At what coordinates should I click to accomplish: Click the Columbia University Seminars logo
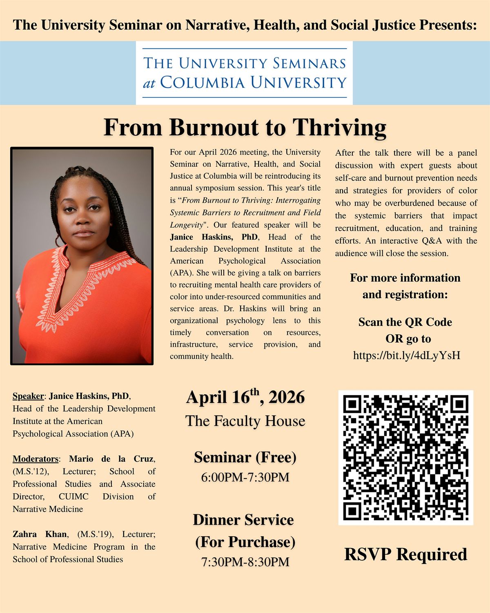tap(244, 73)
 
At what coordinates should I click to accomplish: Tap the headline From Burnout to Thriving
tap(245, 127)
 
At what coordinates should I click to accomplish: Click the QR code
tap(405, 457)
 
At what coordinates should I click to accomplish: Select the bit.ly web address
tap(406, 355)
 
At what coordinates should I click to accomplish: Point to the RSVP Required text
tap(405, 555)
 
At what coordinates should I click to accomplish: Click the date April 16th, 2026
tap(245, 397)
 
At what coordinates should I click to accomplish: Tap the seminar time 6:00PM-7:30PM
tap(245, 477)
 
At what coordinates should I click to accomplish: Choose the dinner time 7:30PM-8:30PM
tap(245, 562)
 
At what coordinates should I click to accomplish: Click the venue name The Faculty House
tap(245, 421)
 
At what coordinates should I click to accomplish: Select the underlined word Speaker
tap(28, 396)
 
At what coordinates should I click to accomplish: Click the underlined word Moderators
tap(36, 459)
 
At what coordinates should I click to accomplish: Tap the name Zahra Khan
tap(39, 534)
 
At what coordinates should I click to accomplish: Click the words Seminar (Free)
tap(245, 457)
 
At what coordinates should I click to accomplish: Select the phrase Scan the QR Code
tap(405, 322)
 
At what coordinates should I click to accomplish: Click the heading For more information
tap(405, 278)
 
